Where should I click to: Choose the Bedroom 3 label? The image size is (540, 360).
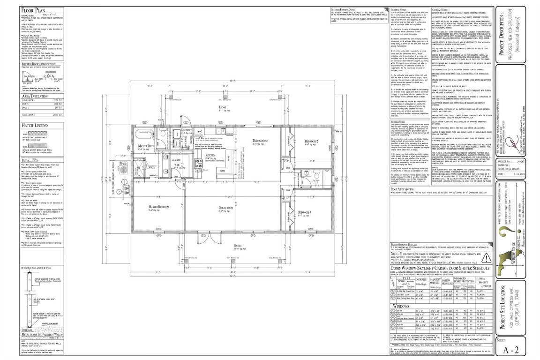(305, 213)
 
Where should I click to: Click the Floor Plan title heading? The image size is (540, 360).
(35, 9)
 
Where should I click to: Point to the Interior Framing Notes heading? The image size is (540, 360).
(346, 9)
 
